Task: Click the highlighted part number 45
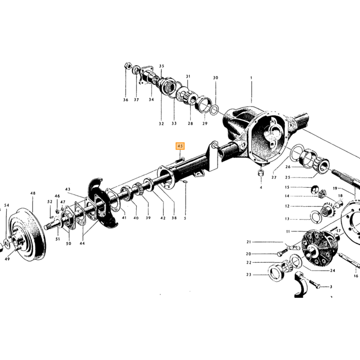(x=180, y=146)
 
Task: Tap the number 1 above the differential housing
(x=251, y=78)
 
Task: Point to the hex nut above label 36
(x=128, y=66)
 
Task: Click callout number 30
(x=215, y=78)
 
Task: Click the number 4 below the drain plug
(x=261, y=188)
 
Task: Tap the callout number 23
(x=249, y=275)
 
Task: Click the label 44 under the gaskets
(x=82, y=243)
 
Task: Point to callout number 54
(x=7, y=205)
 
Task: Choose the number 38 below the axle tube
(x=174, y=218)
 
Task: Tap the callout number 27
(x=274, y=177)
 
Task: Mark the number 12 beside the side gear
(x=287, y=206)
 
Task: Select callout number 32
(x=161, y=124)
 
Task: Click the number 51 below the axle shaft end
(x=58, y=239)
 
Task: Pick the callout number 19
(x=335, y=189)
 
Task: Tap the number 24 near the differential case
(x=333, y=271)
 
